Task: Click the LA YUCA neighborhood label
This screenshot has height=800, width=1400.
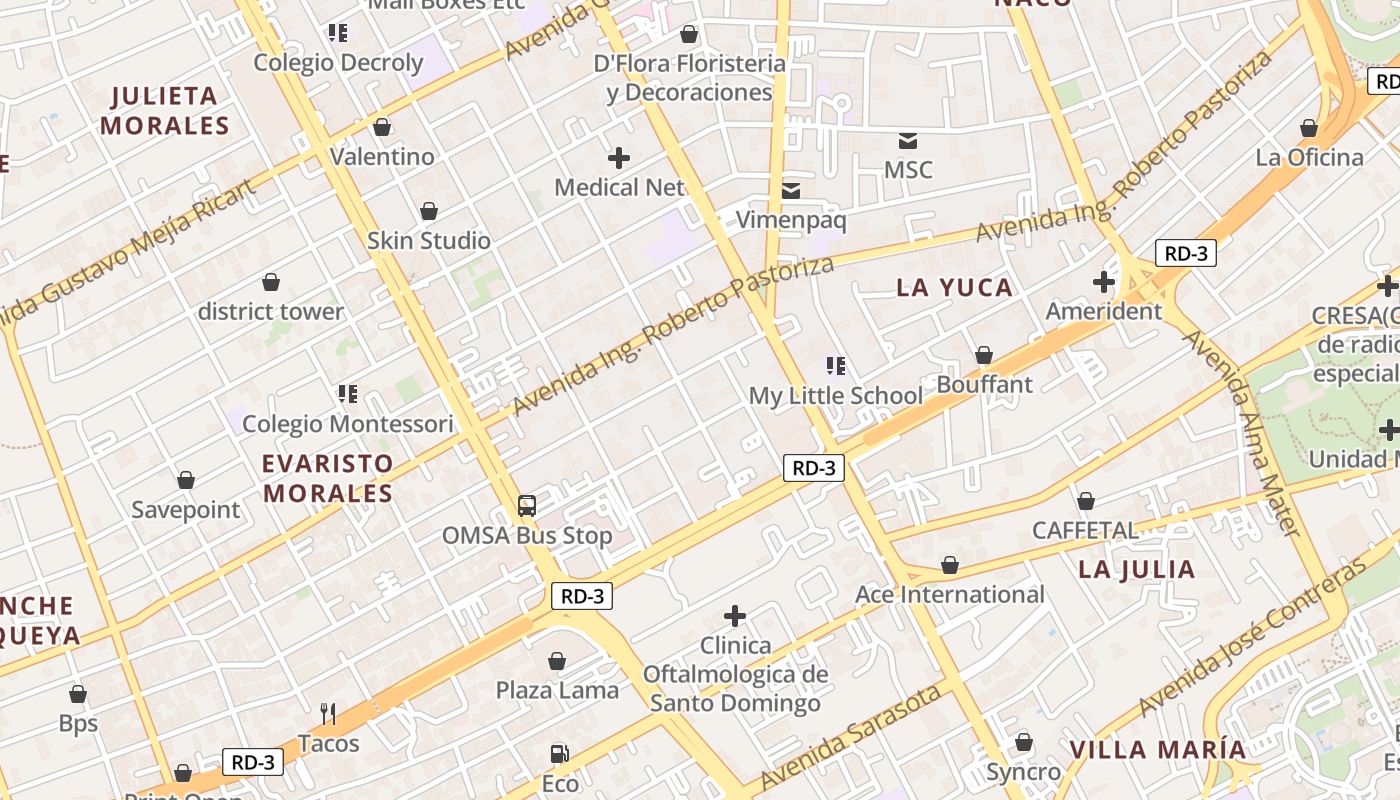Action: pyautogui.click(x=954, y=288)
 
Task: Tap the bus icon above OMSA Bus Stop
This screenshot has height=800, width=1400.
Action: pyautogui.click(x=527, y=505)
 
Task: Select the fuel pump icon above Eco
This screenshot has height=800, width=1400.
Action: pyautogui.click(x=559, y=754)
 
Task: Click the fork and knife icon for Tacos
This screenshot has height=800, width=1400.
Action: pyautogui.click(x=327, y=713)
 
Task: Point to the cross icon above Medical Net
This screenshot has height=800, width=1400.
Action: pyautogui.click(x=619, y=157)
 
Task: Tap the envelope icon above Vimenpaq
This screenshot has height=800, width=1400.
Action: pyautogui.click(x=791, y=190)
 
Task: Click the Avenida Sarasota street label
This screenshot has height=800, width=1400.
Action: pyautogui.click(x=850, y=737)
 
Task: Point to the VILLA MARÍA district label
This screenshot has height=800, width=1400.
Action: pyautogui.click(x=1158, y=750)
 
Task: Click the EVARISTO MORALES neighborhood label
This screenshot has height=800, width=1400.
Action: pyautogui.click(x=328, y=479)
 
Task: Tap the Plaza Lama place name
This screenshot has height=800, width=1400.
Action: pyautogui.click(x=557, y=690)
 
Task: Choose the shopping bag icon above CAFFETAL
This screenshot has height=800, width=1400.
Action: pyautogui.click(x=1085, y=501)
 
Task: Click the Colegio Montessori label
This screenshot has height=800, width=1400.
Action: pyautogui.click(x=347, y=424)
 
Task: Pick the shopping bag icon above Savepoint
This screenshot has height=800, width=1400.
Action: pyautogui.click(x=186, y=480)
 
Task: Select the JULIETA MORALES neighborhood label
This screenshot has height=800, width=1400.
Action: pyautogui.click(x=165, y=111)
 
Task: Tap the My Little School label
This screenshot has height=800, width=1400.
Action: pyautogui.click(x=836, y=396)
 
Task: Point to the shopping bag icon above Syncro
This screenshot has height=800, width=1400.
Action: pyautogui.click(x=1023, y=742)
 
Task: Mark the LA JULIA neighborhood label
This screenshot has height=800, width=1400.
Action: pyautogui.click(x=1137, y=570)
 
